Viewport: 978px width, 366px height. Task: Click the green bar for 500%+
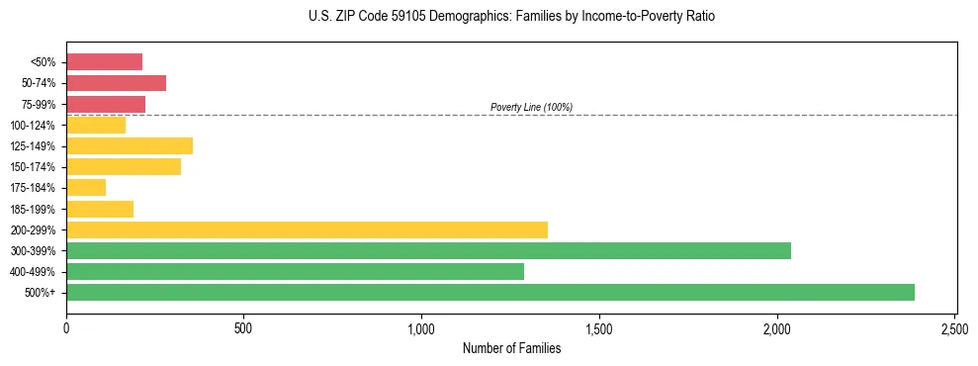click(489, 292)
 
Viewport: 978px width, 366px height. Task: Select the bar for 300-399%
click(428, 250)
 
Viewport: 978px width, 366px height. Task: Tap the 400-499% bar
click(295, 271)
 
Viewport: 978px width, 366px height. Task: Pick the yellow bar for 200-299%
click(307, 229)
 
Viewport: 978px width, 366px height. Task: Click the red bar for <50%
click(104, 61)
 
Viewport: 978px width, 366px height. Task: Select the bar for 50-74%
click(116, 82)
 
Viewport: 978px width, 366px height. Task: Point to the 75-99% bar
click(106, 104)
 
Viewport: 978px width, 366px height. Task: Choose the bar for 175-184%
click(86, 187)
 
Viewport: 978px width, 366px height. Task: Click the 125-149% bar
click(130, 145)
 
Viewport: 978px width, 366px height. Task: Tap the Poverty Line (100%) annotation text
click(531, 107)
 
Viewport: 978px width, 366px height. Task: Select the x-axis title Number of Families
click(511, 348)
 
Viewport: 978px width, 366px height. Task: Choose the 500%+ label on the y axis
click(41, 293)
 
